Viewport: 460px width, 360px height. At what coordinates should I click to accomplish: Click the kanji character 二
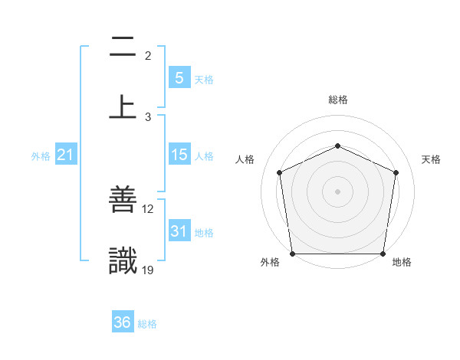point(123,48)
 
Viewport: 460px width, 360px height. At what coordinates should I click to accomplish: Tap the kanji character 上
point(123,107)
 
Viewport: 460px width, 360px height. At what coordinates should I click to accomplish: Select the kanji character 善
point(123,201)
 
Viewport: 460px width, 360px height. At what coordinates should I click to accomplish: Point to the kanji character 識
point(123,261)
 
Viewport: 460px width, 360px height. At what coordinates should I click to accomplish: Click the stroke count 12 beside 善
point(148,209)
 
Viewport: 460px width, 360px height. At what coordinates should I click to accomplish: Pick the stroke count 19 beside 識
point(148,270)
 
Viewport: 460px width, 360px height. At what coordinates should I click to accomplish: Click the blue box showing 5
point(179,77)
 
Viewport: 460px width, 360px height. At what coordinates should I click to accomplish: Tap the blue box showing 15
point(179,155)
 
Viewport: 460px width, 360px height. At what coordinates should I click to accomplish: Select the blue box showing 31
point(179,231)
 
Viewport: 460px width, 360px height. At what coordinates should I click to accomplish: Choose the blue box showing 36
point(122,322)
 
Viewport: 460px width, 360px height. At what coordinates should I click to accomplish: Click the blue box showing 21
point(65,155)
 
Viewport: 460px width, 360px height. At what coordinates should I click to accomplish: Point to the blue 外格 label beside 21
point(41,155)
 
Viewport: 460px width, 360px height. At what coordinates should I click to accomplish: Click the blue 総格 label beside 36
point(147,324)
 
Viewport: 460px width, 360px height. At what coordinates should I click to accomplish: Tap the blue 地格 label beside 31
point(204,232)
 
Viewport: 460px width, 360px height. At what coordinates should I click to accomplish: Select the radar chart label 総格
point(337,100)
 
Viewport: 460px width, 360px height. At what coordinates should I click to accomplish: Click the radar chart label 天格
point(432,159)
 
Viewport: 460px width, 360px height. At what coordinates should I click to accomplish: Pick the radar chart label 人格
point(245,159)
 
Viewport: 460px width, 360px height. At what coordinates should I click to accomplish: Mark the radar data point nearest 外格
point(293,253)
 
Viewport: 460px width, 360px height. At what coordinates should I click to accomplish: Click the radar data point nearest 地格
point(383,253)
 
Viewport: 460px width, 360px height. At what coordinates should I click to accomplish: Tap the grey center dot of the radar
point(337,191)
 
